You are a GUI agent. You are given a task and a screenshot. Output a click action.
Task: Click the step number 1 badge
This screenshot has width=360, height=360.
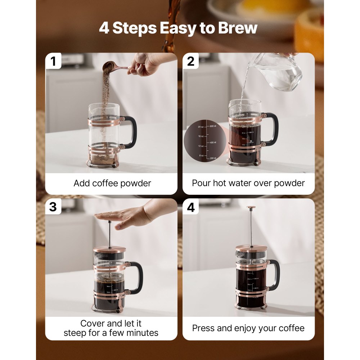coord(53,61)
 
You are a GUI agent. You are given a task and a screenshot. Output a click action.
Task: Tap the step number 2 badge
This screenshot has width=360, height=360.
coord(191,61)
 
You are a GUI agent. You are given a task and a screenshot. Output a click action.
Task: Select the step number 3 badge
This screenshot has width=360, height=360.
coord(53,207)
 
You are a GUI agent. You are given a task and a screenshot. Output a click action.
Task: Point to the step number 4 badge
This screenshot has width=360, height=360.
coord(191,207)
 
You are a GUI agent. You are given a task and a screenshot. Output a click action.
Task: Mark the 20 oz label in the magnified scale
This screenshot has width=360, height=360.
coord(201,127)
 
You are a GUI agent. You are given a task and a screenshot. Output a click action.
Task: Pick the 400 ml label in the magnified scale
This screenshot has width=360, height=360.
coord(213,143)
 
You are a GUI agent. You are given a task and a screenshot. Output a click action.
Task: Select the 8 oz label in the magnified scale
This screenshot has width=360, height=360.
coord(201,156)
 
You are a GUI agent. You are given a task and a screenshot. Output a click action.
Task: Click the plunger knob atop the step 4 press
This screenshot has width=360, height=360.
coord(251,208)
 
